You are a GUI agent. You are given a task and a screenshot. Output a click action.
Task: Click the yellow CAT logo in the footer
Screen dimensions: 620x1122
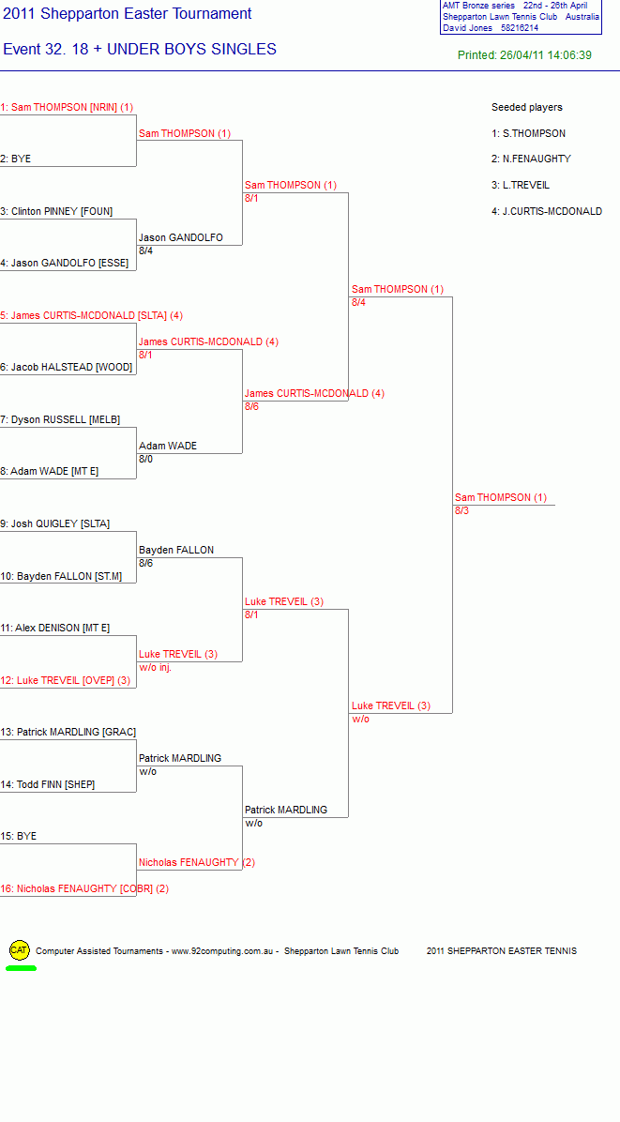pos(20,950)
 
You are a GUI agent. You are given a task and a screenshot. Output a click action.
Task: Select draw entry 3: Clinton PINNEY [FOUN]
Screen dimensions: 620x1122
pos(56,211)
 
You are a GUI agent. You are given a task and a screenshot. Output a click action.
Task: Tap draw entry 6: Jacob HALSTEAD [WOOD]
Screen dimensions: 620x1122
pos(67,367)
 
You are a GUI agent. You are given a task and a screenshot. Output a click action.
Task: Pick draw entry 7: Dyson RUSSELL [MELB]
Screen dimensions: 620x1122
pos(60,419)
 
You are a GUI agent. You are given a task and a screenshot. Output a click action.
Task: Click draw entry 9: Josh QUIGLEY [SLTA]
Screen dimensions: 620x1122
pos(55,523)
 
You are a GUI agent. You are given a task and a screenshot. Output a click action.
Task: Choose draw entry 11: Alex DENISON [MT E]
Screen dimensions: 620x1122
pos(55,629)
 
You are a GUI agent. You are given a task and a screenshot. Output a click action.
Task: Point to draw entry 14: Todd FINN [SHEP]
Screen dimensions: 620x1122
pos(48,784)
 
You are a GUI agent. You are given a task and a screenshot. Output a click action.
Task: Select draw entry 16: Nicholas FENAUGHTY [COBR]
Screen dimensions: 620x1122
pos(84,888)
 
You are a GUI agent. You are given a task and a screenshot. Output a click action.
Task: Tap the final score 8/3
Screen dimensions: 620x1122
pos(462,510)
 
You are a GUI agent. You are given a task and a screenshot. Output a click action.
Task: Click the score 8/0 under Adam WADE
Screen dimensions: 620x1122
pos(146,459)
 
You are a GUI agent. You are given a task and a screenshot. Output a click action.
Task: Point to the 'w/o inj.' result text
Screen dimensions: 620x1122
pos(155,667)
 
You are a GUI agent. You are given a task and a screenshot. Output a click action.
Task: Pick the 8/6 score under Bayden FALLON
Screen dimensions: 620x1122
pos(146,563)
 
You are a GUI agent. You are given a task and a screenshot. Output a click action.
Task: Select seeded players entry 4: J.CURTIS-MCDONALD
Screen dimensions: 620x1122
pos(547,211)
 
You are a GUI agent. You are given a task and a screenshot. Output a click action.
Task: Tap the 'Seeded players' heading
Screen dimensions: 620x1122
pos(527,107)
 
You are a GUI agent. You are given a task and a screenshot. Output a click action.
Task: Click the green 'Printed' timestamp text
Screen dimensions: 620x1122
pos(525,55)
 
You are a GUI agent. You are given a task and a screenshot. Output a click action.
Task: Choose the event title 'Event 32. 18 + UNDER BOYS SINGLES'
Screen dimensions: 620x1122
pos(140,50)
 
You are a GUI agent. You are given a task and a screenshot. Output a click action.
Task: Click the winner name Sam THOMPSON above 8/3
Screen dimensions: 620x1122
pos(501,497)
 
